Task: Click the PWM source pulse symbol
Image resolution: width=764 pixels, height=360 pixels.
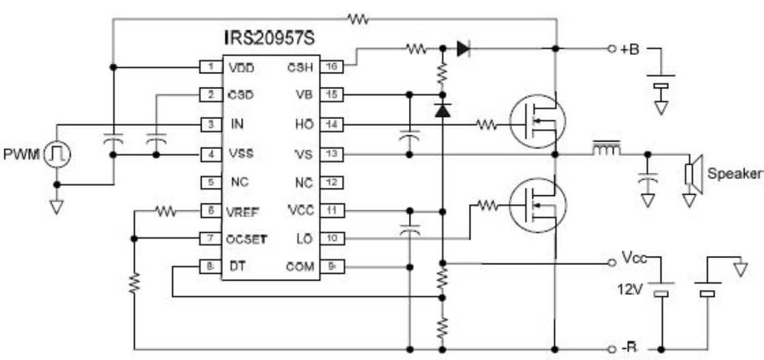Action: [x=58, y=153]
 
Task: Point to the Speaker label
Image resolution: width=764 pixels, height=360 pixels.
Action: [x=735, y=173]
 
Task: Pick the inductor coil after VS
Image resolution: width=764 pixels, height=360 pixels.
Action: [x=605, y=149]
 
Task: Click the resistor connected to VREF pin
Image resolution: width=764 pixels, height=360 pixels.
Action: [x=166, y=212]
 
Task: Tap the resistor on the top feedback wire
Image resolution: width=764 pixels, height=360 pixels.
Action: [x=359, y=19]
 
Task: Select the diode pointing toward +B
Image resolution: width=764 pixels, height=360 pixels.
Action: [x=463, y=49]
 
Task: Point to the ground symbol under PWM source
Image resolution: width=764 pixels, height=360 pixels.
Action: [x=57, y=206]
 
